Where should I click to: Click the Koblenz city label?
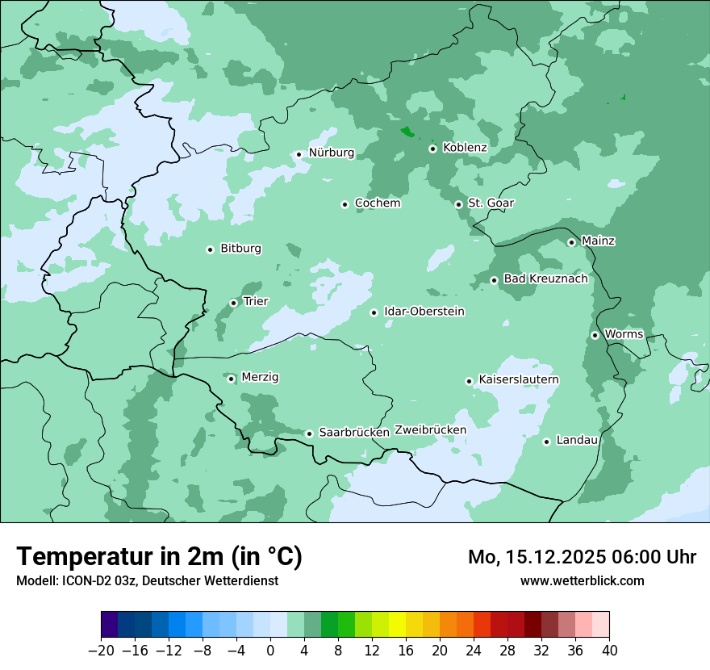[466, 148]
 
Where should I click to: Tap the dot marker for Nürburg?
[299, 154]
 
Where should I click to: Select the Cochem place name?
[378, 203]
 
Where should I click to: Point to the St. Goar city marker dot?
[458, 204]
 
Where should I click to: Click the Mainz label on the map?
[598, 241]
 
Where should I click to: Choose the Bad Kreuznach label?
[545, 279]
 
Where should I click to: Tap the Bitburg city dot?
[210, 249]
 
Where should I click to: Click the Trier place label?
[256, 302]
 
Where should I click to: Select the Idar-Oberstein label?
[424, 312]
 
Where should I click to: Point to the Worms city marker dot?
[595, 335]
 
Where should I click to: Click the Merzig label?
[261, 377]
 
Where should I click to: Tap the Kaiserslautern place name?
[519, 380]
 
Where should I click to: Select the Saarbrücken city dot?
[309, 433]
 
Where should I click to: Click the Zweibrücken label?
[430, 430]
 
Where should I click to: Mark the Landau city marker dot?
[546, 442]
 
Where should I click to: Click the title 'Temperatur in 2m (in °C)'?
[159, 556]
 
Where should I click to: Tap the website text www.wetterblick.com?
[582, 580]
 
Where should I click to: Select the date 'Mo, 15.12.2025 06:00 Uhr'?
[582, 557]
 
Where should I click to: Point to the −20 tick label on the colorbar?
[102, 651]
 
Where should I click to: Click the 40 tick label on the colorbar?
[609, 651]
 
